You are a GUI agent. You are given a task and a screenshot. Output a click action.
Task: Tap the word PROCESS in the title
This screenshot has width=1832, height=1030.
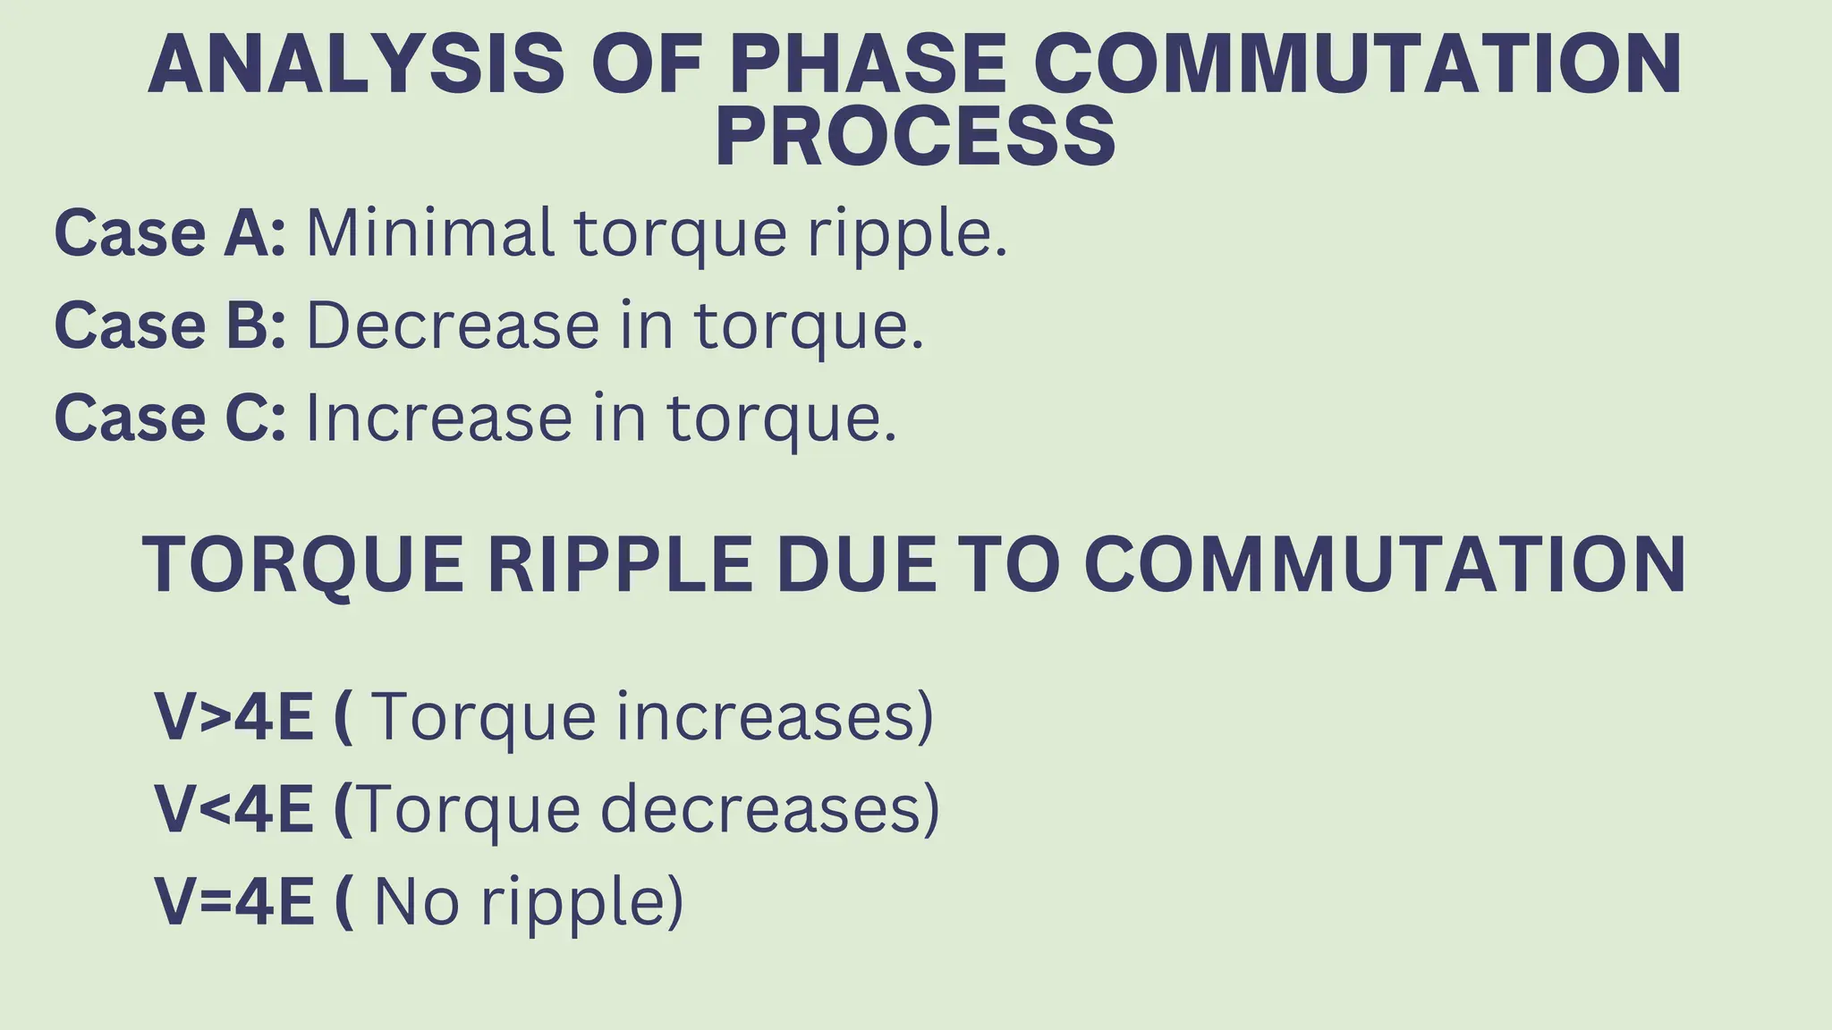(915, 137)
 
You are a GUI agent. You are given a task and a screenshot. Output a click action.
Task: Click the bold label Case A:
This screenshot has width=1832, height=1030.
(170, 233)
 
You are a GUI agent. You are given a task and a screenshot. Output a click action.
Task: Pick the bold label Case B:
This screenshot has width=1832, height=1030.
(170, 325)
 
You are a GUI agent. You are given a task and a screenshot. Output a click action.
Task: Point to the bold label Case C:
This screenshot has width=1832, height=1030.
(170, 418)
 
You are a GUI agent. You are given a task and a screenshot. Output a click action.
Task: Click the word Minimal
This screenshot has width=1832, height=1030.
(429, 233)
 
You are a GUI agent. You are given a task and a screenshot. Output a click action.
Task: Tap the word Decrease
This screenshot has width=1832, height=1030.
(453, 325)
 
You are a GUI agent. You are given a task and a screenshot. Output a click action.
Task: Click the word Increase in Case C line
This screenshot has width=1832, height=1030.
(438, 418)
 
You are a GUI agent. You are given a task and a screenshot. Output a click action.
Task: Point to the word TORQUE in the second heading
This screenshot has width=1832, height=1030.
(303, 565)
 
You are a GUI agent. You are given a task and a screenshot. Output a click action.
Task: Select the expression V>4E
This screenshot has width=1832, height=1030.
(234, 717)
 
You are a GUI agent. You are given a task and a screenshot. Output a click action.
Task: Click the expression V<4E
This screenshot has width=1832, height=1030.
(234, 809)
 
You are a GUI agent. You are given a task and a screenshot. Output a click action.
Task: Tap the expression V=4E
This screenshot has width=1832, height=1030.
(234, 901)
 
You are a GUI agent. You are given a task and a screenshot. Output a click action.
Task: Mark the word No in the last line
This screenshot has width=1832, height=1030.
(417, 901)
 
